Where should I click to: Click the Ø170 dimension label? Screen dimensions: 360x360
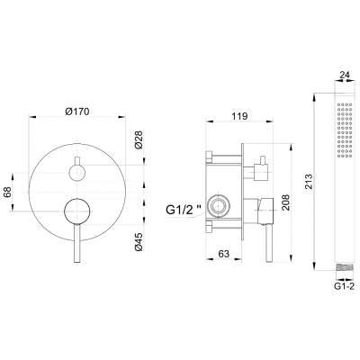(x=77, y=112)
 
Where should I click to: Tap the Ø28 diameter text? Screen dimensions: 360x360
(x=139, y=139)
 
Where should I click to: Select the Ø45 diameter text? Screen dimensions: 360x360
(x=139, y=242)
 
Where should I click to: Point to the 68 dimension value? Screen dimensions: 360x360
(x=7, y=192)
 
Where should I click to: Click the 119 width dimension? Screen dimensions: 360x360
(x=239, y=116)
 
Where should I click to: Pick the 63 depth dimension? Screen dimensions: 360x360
(x=223, y=254)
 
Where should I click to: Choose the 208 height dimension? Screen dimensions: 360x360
(x=285, y=202)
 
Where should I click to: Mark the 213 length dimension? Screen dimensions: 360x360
(x=308, y=181)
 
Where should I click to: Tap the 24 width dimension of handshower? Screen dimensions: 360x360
(x=342, y=76)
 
